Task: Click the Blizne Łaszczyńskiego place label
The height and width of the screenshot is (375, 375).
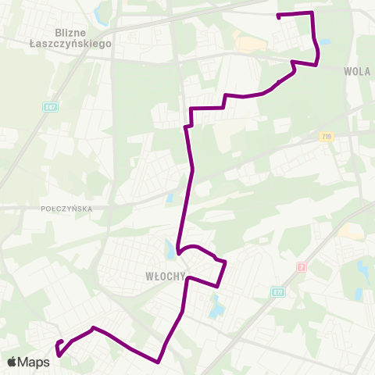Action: [x=84, y=38]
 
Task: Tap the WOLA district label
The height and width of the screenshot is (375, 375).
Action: [x=356, y=71]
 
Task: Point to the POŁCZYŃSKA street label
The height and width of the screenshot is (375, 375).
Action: [x=67, y=209]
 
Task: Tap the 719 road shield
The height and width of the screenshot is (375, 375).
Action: [x=326, y=137]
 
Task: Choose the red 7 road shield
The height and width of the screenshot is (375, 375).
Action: [x=301, y=266]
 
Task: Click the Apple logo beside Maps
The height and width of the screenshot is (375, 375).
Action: [x=12, y=362]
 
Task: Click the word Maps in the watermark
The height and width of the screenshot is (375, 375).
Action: [x=34, y=362]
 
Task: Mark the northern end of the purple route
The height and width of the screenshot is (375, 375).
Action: [x=279, y=16]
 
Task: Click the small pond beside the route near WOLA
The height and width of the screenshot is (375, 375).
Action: [x=324, y=42]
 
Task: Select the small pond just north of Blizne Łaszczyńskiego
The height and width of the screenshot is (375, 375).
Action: [x=99, y=15]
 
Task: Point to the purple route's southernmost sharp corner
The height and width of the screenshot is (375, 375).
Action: [x=159, y=362]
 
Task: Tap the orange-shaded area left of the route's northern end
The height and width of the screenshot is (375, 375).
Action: [x=248, y=43]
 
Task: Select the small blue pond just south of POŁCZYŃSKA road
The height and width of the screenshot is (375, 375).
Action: [x=169, y=198]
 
